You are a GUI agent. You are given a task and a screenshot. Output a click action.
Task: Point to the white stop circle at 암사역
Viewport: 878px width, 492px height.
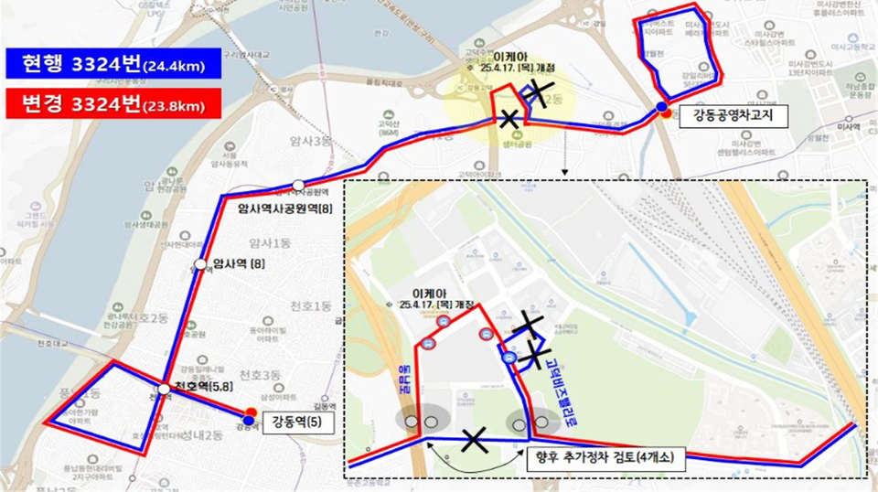(200, 265)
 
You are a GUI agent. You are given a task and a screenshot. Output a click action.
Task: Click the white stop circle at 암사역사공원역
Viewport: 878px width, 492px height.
(298, 186)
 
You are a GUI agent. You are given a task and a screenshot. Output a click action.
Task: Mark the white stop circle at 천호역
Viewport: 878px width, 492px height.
(163, 390)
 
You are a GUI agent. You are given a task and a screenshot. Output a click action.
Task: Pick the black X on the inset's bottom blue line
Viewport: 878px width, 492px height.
(474, 441)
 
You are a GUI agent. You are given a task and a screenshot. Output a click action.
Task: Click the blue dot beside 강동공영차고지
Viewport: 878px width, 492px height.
(660, 107)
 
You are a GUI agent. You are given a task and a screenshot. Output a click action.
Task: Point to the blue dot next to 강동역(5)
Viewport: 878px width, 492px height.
(249, 420)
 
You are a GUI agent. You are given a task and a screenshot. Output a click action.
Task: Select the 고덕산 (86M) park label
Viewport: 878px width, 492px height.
(389, 126)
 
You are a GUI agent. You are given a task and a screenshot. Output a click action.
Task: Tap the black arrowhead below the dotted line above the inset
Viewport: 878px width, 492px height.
(567, 171)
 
